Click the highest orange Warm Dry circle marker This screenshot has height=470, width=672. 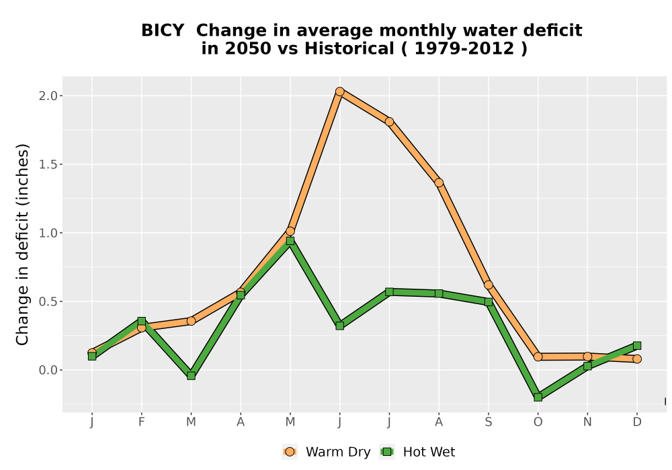(x=340, y=91)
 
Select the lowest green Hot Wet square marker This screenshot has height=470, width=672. (x=538, y=397)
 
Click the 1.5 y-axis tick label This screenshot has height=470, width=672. (x=48, y=164)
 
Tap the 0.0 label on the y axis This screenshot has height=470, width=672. (x=48, y=370)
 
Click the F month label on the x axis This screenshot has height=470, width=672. (x=141, y=422)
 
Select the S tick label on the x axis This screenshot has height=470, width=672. (x=488, y=422)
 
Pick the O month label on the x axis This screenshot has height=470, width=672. (x=538, y=422)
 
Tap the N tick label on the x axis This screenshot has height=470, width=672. (x=587, y=422)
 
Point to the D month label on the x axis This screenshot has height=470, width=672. (x=637, y=422)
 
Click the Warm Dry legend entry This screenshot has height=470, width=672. (x=326, y=452)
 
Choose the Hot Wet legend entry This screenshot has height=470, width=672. (x=417, y=452)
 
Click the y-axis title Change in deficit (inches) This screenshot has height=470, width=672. (x=22, y=244)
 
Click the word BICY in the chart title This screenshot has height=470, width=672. (x=163, y=30)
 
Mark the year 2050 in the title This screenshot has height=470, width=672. (x=248, y=48)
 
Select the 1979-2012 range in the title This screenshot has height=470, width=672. (x=464, y=48)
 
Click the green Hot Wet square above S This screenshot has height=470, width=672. (x=488, y=301)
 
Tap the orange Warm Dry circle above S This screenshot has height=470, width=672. (x=488, y=285)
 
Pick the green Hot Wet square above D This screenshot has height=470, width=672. (x=637, y=345)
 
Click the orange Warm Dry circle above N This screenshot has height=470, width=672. (x=587, y=357)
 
